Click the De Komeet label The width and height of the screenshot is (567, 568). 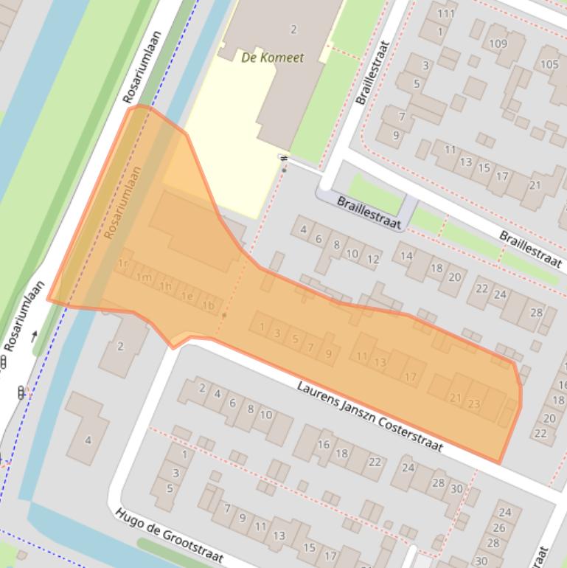point(272,58)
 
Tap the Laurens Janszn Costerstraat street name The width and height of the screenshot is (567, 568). point(370,418)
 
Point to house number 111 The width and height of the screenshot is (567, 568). point(445,13)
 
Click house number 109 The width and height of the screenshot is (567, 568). point(498,44)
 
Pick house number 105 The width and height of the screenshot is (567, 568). point(549,64)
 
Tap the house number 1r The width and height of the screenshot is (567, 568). point(123,264)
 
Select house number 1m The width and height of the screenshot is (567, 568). point(145,277)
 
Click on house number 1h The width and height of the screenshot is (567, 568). point(166,287)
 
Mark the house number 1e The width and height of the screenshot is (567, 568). point(187,297)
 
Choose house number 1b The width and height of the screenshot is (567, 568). point(209,305)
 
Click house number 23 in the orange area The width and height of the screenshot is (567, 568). point(473,404)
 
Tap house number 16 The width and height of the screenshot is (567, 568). point(324,444)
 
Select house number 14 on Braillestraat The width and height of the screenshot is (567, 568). point(406,256)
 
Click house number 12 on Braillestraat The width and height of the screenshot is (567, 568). point(373,259)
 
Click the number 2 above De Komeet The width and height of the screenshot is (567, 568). point(293,30)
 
